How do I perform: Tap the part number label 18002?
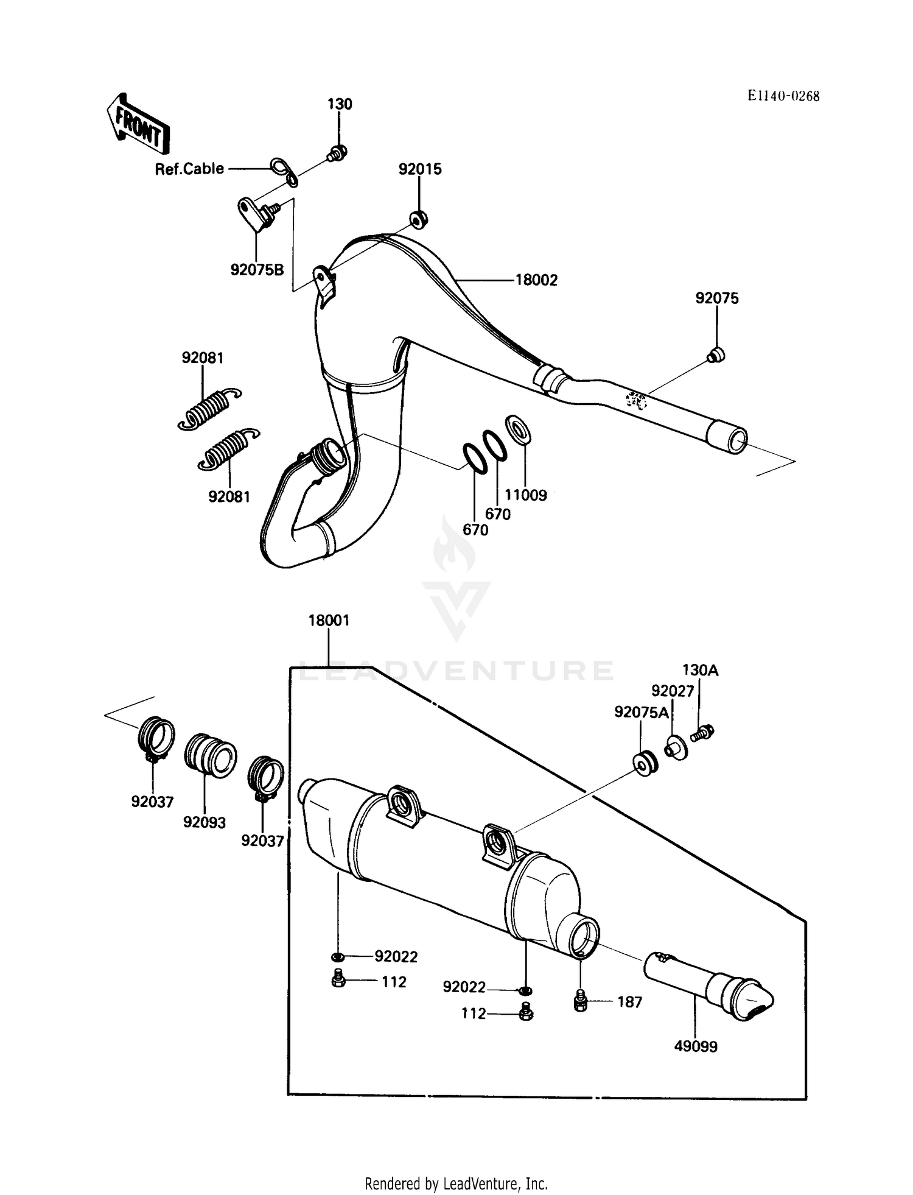pyautogui.click(x=536, y=280)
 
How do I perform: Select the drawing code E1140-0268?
pyautogui.click(x=783, y=96)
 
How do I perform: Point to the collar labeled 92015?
pyautogui.click(x=418, y=218)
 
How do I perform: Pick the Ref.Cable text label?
pyautogui.click(x=189, y=169)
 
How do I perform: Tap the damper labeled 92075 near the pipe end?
pyautogui.click(x=716, y=354)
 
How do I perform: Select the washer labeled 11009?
pyautogui.click(x=518, y=428)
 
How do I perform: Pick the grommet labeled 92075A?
pyautogui.click(x=645, y=763)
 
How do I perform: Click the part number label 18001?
pyautogui.click(x=329, y=621)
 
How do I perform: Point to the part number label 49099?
pyautogui.click(x=696, y=1046)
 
